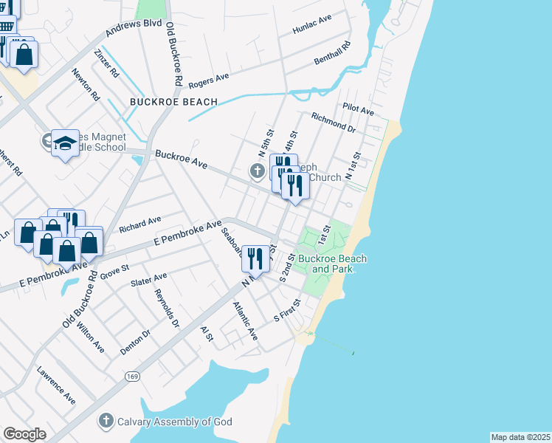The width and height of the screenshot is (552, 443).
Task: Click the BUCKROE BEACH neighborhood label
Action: [173, 102]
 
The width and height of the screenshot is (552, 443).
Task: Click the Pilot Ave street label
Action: [358, 109]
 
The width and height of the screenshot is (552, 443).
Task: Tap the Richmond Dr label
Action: [334, 122]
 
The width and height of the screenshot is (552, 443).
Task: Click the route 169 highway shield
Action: [132, 377]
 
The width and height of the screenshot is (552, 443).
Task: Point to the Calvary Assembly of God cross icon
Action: [106, 422]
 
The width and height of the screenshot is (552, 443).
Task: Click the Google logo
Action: [24, 433]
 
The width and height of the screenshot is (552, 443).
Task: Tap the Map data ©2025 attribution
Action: [520, 437]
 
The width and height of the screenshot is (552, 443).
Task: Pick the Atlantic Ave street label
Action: [245, 321]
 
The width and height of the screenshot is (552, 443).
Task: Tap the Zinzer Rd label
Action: [106, 63]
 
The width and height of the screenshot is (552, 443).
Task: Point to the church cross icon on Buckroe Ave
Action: [257, 172]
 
